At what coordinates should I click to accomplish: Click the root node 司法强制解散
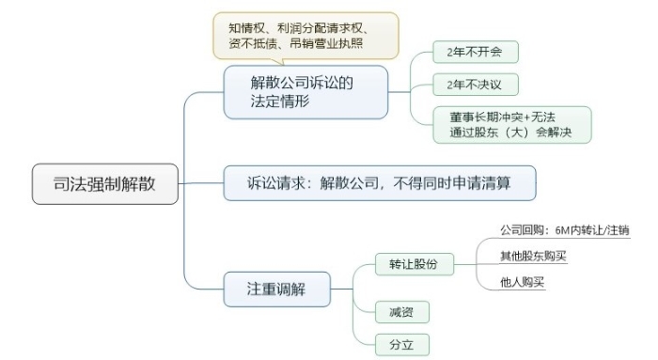coord(104,184)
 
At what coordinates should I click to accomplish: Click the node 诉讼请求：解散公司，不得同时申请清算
coord(379,181)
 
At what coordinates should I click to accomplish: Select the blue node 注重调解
coord(276,289)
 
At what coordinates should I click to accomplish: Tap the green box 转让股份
coord(413,264)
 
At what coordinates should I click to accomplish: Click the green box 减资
coord(395,310)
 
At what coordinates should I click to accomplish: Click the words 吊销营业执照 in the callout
coord(331,43)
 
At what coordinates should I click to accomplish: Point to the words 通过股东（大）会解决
coord(511,133)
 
